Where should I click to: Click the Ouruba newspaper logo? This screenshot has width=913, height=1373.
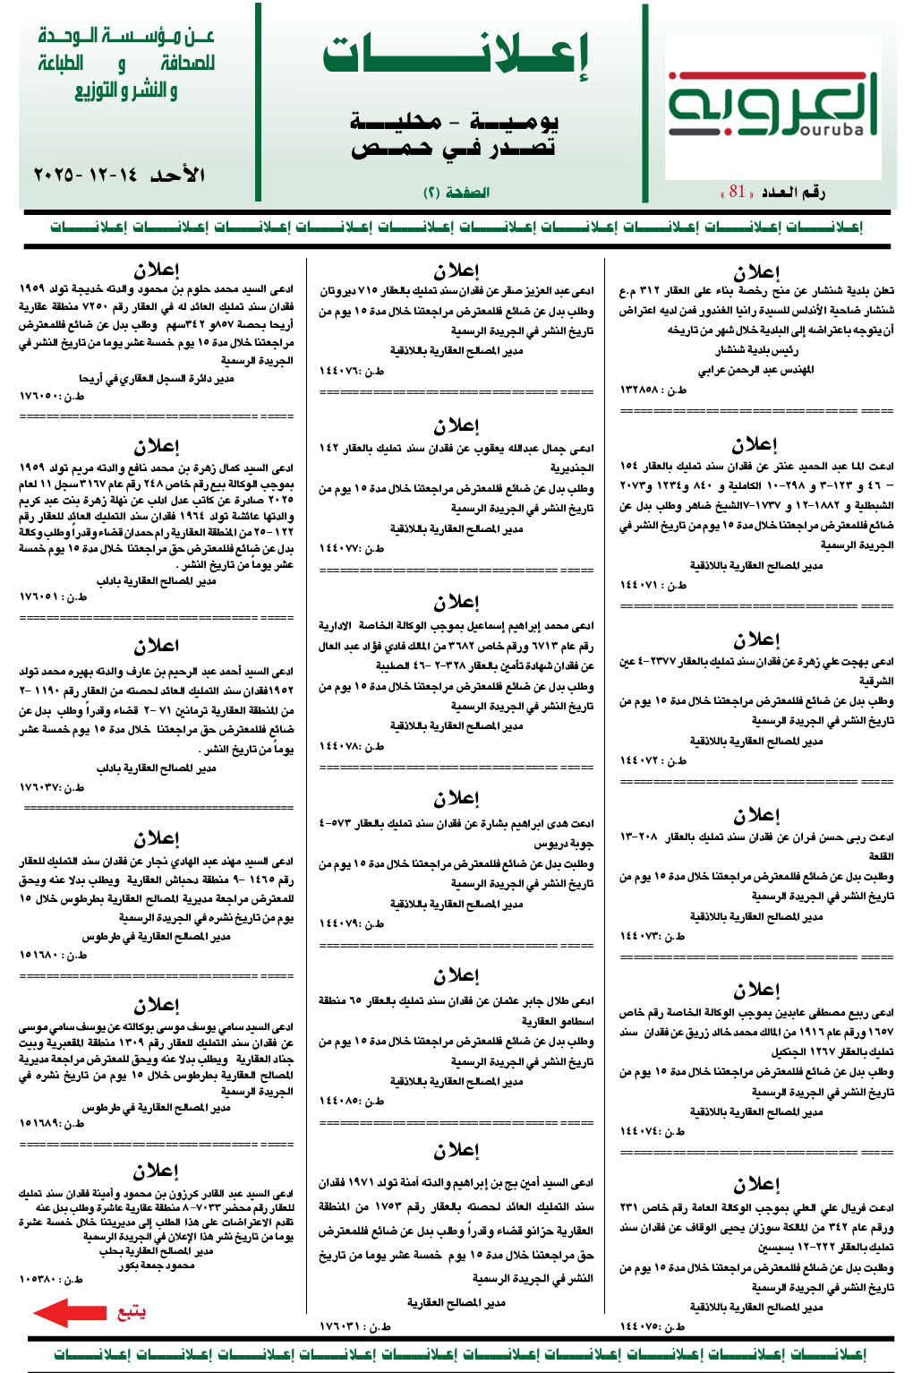(x=772, y=105)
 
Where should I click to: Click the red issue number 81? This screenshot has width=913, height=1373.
(x=737, y=191)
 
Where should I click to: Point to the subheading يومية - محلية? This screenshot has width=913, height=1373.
(x=454, y=120)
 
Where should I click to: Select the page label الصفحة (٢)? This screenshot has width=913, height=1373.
(x=456, y=192)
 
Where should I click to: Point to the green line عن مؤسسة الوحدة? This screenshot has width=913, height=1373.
(x=126, y=37)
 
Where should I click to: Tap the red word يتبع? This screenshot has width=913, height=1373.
(x=131, y=1313)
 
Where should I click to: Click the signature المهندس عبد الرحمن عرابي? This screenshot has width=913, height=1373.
(x=756, y=369)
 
